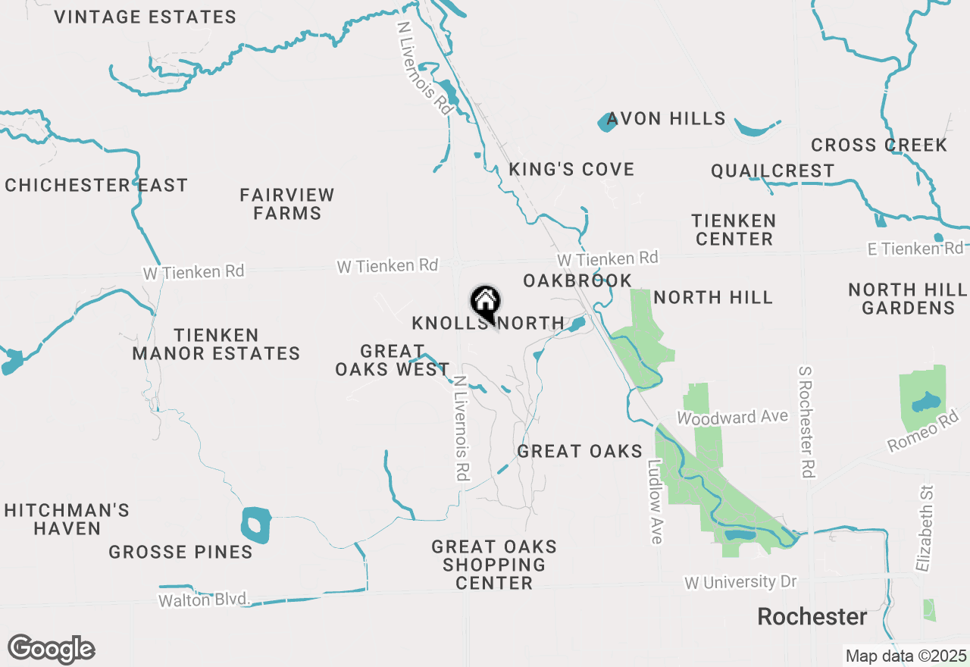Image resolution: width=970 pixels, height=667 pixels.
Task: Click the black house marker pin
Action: pyautogui.click(x=485, y=304)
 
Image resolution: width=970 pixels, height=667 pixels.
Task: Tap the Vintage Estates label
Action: pyautogui.click(x=145, y=17)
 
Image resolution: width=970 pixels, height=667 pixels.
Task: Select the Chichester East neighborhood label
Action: pyautogui.click(x=96, y=185)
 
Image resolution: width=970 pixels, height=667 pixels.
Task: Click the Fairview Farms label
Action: pyautogui.click(x=287, y=204)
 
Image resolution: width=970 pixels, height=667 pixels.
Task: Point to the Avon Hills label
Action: pyautogui.click(x=666, y=119)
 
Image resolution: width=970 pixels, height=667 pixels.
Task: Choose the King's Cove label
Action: pyautogui.click(x=571, y=169)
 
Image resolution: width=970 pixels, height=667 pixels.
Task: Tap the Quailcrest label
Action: pyautogui.click(x=772, y=171)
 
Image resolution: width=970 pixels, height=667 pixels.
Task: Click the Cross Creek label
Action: pyautogui.click(x=879, y=145)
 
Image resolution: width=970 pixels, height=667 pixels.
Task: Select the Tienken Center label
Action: pyautogui.click(x=734, y=230)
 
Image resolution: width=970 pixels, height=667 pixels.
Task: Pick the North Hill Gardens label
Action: pyautogui.click(x=908, y=299)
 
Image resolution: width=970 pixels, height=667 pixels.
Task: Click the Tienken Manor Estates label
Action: pyautogui.click(x=216, y=344)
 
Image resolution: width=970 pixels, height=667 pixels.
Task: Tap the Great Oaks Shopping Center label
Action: pyautogui.click(x=494, y=565)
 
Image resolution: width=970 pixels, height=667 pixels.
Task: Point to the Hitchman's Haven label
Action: pyautogui.click(x=67, y=519)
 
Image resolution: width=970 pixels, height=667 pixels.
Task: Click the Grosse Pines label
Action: pyautogui.click(x=180, y=552)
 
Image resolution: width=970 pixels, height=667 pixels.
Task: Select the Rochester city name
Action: pyautogui.click(x=812, y=617)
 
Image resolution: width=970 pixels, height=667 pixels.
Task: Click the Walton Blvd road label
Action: pyautogui.click(x=204, y=600)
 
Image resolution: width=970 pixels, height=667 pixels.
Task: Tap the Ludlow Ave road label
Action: pyautogui.click(x=655, y=501)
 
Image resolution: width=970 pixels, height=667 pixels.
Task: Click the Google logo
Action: pyautogui.click(x=51, y=650)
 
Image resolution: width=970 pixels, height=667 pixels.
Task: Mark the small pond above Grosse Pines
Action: pyautogui.click(x=256, y=525)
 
